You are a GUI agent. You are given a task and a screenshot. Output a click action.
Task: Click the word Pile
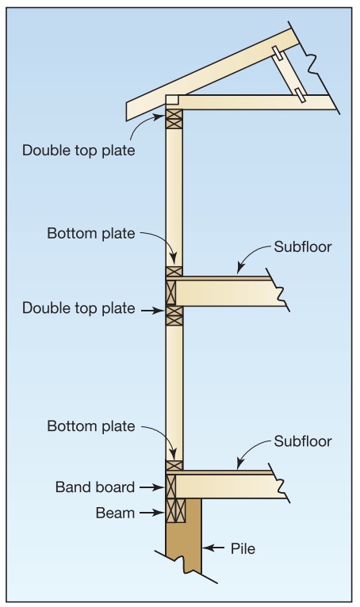(x=243, y=548)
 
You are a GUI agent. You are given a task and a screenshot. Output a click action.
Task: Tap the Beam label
(x=115, y=513)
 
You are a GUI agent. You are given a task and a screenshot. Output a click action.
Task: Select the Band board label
(x=95, y=487)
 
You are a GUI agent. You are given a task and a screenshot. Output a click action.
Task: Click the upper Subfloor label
(x=303, y=246)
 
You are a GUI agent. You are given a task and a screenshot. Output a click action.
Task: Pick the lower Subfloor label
(x=303, y=441)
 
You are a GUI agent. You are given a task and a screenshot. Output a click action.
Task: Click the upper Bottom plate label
(x=91, y=234)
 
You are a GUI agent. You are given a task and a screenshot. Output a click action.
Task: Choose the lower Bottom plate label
(x=91, y=426)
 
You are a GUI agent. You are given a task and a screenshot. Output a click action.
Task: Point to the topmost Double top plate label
(x=79, y=151)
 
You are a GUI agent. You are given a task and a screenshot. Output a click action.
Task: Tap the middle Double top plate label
(x=79, y=308)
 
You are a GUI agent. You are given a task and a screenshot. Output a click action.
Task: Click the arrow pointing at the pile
(x=213, y=548)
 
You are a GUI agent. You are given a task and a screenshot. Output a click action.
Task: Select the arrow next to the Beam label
(x=152, y=513)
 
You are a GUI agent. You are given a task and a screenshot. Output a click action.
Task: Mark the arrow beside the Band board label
(x=152, y=487)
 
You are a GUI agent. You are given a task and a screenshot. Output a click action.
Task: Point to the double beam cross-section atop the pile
(x=175, y=510)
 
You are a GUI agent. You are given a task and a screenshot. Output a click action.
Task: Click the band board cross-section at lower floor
(x=171, y=487)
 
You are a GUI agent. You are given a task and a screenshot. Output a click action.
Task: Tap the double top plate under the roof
(x=174, y=119)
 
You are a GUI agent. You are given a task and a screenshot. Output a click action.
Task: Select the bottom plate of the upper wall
(x=174, y=271)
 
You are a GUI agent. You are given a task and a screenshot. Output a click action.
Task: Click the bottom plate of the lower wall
(x=174, y=465)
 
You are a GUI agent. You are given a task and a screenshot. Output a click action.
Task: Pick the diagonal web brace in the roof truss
(x=289, y=74)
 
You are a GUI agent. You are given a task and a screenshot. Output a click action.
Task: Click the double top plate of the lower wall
(x=174, y=315)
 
